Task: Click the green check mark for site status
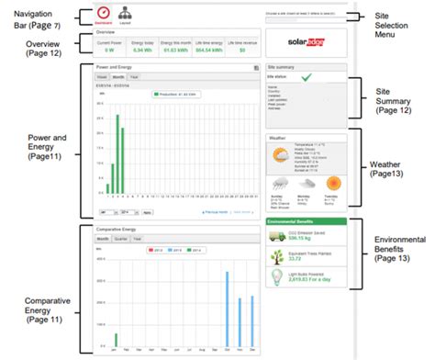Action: [x=305, y=80]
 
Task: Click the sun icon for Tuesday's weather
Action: [x=331, y=183]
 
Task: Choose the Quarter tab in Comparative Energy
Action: [x=119, y=238]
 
